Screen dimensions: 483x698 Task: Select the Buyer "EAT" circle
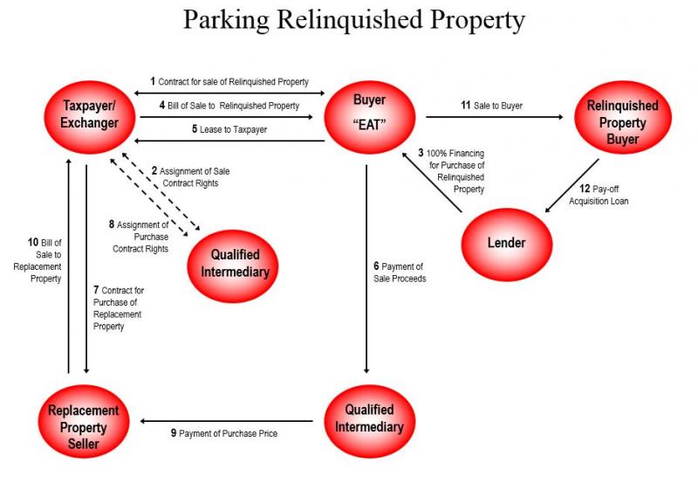tap(369, 116)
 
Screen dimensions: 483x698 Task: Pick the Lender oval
tap(507, 242)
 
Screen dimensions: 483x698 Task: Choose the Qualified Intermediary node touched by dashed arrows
tap(240, 263)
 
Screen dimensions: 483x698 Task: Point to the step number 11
tap(466, 106)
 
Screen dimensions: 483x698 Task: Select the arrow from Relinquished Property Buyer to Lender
tap(571, 186)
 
